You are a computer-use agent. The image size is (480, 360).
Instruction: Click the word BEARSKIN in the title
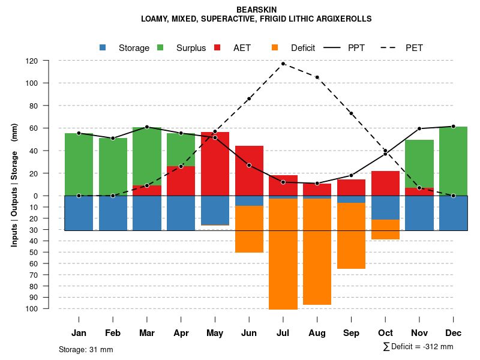(x=256, y=10)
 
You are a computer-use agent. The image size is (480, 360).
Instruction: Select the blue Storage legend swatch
(x=103, y=47)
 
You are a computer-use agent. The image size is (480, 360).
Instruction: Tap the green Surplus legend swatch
(x=160, y=47)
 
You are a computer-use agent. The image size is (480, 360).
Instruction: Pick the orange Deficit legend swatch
(x=275, y=47)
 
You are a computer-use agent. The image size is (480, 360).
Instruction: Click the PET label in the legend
(x=414, y=48)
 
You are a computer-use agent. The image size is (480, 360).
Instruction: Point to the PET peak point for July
(x=283, y=64)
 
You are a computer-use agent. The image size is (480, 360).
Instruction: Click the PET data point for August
(x=317, y=77)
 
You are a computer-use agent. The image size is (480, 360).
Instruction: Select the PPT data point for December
(x=453, y=127)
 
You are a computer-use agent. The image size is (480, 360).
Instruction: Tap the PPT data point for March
(x=147, y=127)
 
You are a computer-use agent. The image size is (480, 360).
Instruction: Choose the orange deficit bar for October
(x=385, y=229)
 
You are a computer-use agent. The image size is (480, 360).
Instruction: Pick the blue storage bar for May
(x=215, y=211)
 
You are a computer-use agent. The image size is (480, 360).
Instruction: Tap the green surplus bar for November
(x=419, y=164)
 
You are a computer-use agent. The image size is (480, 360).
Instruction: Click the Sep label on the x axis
(x=351, y=333)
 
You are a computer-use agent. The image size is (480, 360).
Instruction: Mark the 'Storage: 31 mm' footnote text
(x=86, y=349)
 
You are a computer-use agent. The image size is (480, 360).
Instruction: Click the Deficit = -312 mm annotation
(x=418, y=347)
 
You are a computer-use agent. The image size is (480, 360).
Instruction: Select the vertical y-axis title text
(x=14, y=184)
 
